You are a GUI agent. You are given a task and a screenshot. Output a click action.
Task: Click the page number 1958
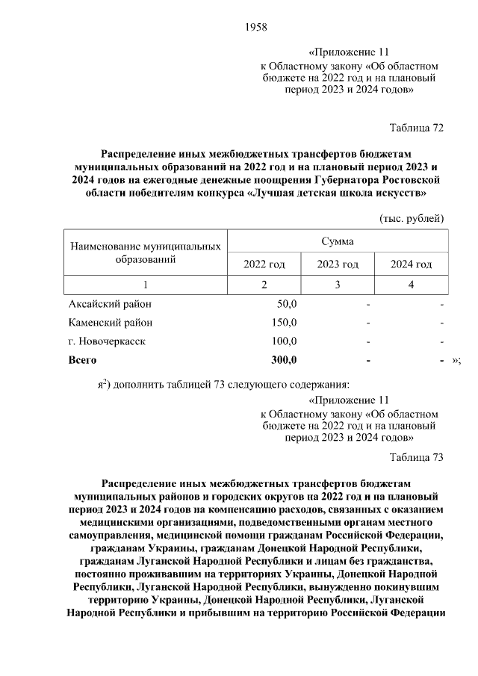tap(255, 28)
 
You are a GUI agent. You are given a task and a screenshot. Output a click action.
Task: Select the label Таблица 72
tap(417, 128)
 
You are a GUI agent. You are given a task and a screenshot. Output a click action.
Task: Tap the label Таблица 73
tap(417, 457)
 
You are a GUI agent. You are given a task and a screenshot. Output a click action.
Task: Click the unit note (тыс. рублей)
tap(412, 218)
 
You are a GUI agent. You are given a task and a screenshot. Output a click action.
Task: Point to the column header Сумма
tap(338, 242)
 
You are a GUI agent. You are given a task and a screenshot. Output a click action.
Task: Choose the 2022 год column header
tap(264, 264)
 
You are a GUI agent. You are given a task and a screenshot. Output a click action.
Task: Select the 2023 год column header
tap(338, 264)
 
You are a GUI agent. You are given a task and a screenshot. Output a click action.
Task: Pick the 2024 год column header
tap(412, 264)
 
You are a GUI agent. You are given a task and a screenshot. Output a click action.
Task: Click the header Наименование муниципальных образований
tap(146, 253)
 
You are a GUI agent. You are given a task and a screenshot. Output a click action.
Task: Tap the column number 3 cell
tap(338, 285)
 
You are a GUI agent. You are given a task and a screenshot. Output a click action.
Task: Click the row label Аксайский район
tap(109, 304)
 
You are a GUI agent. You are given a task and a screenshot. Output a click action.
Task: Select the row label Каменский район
tap(111, 323)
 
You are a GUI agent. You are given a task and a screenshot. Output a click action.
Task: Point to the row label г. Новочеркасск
tap(108, 341)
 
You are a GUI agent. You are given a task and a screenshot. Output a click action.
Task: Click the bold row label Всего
tap(83, 360)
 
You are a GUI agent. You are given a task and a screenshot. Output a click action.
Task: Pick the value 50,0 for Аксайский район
tap(287, 304)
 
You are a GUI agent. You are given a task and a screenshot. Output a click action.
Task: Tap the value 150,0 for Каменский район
tap(285, 323)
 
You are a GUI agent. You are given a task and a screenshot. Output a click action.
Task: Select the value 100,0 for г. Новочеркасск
tap(285, 341)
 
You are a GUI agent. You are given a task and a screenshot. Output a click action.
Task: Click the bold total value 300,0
tap(284, 360)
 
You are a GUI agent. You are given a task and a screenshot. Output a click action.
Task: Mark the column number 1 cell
tap(146, 285)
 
